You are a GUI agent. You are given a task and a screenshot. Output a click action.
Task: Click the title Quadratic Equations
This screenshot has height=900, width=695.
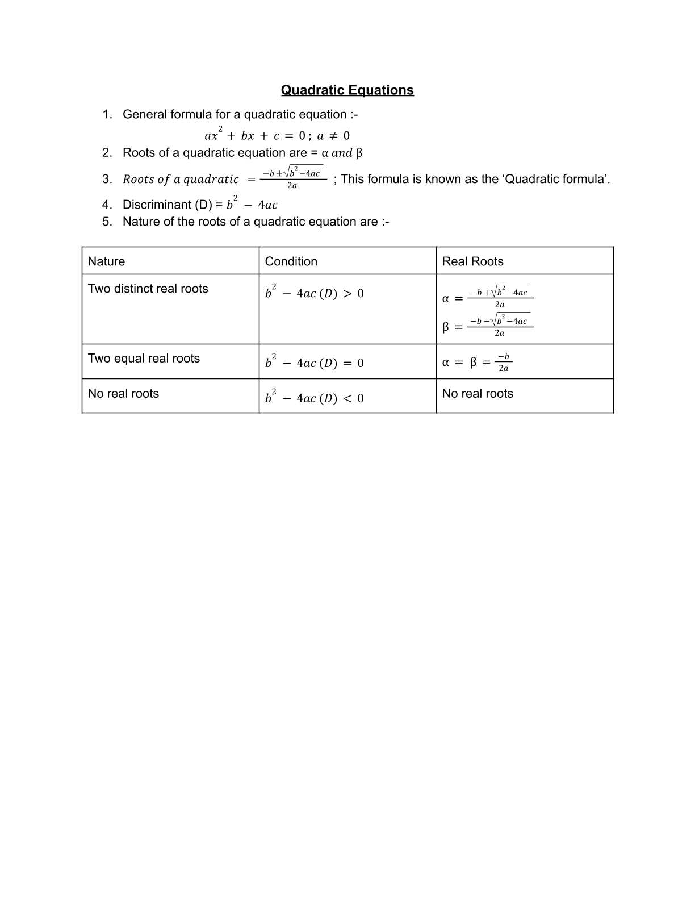[x=347, y=90]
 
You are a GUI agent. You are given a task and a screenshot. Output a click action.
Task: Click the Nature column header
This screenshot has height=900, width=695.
[x=106, y=261]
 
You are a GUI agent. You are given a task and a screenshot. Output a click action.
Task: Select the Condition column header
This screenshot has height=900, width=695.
[x=291, y=261]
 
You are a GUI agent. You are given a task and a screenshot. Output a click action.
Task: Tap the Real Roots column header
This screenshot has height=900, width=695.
[x=472, y=261]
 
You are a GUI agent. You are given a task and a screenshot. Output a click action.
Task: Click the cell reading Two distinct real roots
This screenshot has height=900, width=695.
[x=148, y=289]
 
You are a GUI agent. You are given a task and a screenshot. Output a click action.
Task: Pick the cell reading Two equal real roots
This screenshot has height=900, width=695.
[x=144, y=359]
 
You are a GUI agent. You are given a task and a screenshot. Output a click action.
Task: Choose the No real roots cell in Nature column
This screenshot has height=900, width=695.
[x=123, y=394]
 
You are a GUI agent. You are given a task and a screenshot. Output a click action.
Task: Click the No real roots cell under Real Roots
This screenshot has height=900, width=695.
[x=478, y=394]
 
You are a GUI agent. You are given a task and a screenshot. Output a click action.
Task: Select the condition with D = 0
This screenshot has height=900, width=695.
[x=314, y=362]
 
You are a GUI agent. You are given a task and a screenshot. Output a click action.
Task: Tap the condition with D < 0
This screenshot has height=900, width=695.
[x=314, y=397]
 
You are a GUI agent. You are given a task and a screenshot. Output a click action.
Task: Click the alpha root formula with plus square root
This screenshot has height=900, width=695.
[x=488, y=298]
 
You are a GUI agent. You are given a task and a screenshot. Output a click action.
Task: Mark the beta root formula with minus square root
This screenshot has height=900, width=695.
[x=488, y=326]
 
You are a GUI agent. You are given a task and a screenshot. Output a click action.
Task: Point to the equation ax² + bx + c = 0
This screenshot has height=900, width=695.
[x=277, y=135]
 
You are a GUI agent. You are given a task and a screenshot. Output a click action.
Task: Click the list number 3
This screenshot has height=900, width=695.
[x=107, y=179]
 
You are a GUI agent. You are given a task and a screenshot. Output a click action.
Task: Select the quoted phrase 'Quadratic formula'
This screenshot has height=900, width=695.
[x=556, y=179]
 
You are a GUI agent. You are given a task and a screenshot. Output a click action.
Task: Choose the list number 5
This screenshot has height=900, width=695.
[x=107, y=222]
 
